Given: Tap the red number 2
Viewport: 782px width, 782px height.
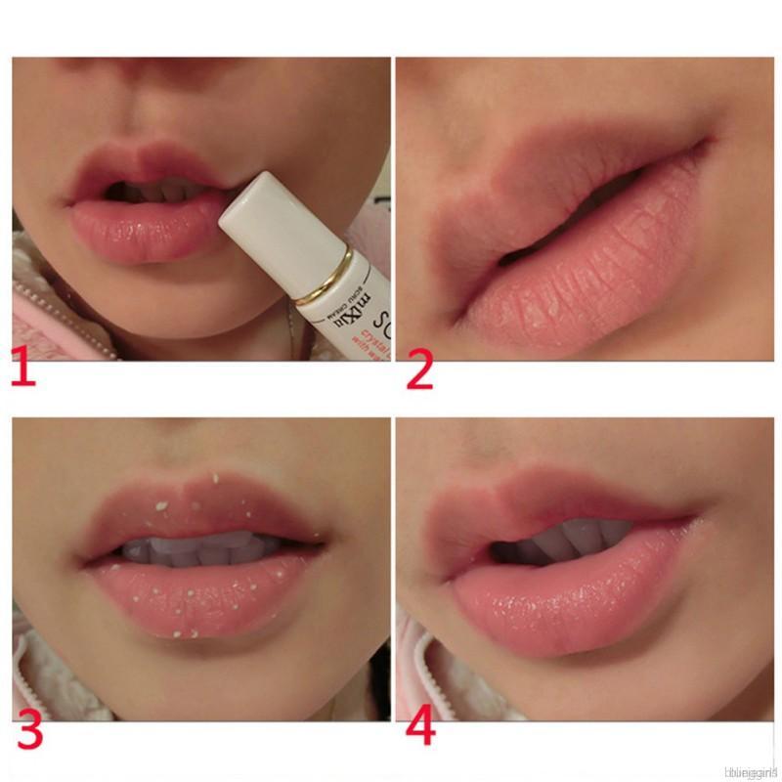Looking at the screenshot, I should [419, 370].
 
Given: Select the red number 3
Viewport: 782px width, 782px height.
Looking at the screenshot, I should [30, 731].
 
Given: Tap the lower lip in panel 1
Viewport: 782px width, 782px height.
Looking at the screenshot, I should [142, 229].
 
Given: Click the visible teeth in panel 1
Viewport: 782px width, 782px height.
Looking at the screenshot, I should [161, 191].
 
